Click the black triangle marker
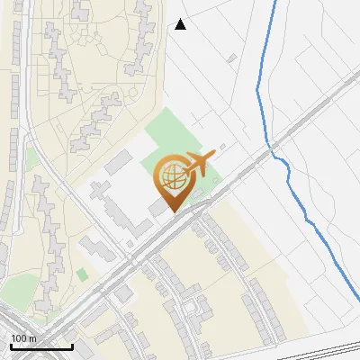click(x=181, y=24)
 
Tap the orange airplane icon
click(x=198, y=164)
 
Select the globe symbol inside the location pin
click(x=172, y=175)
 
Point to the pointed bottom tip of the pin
click(x=172, y=211)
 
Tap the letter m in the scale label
click(x=33, y=337)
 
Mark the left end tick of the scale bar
click(x=11, y=346)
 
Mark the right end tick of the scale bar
click(x=72, y=346)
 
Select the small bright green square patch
click(x=82, y=274)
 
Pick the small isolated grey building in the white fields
click(x=231, y=58)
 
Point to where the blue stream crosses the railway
click(x=272, y=143)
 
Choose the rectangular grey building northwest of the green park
click(x=118, y=163)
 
